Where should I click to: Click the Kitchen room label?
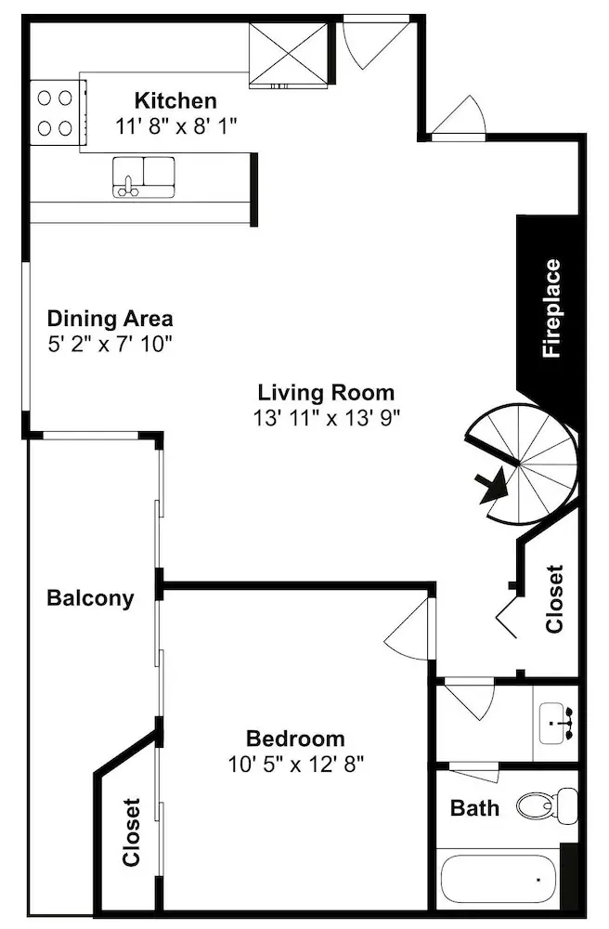coord(175,100)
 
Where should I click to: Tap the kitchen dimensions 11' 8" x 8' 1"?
coord(175,126)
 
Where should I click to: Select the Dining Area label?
coord(110,318)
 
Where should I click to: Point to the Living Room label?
coord(326,392)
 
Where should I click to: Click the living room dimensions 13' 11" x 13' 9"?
coord(327,418)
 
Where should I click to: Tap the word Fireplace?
coord(551,308)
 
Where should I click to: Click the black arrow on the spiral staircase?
coord(494,486)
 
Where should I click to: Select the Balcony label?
coord(91,597)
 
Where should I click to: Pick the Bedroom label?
coord(295,739)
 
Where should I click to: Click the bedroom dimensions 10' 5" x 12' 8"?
coord(295,765)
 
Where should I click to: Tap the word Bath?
coord(474,807)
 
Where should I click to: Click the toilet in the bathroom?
coord(547,805)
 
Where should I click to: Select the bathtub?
coord(499,879)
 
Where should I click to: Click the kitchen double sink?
coord(144,177)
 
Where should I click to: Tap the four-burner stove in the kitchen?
coord(56,112)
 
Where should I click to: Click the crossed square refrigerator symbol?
coord(288,55)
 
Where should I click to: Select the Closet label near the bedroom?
coord(132,832)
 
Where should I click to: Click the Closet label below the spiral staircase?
coord(554,599)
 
